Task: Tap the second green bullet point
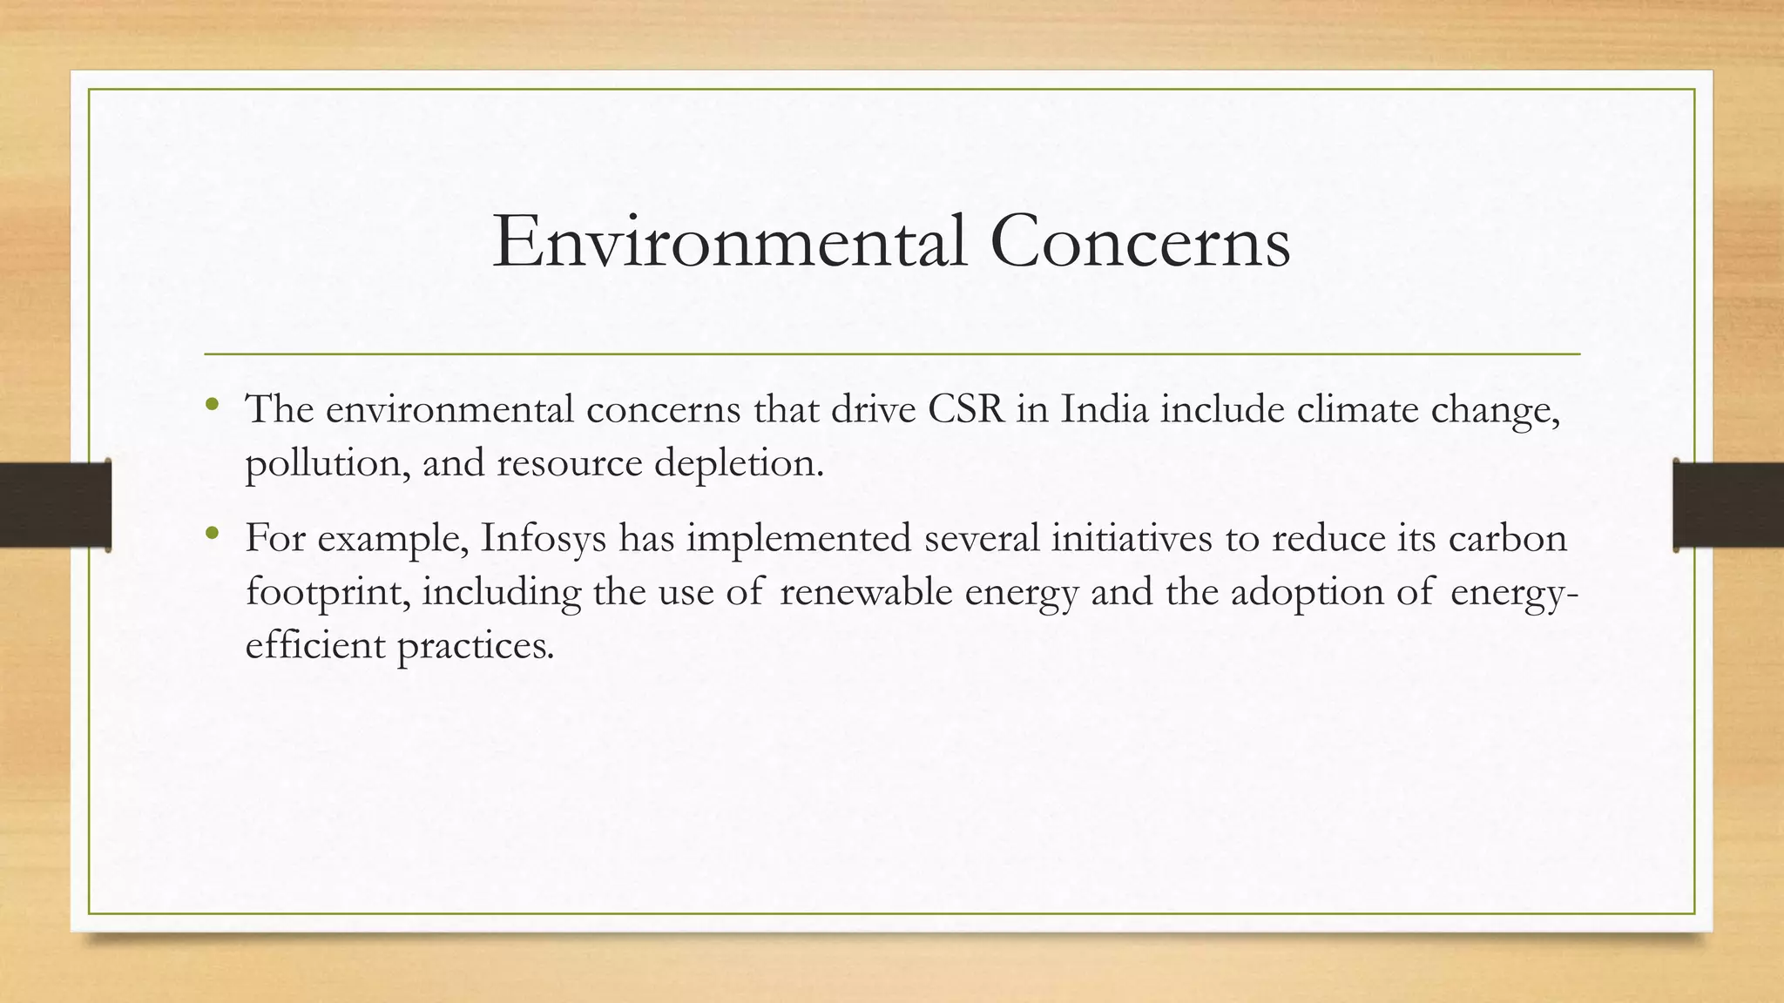[x=212, y=534]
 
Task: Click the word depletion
[x=738, y=462]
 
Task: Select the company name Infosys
[x=543, y=538]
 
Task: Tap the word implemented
[x=798, y=538]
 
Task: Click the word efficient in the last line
[x=314, y=645]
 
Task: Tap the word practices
[x=475, y=645]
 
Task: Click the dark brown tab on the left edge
[x=55, y=505]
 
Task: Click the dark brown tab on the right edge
[x=1728, y=505]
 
